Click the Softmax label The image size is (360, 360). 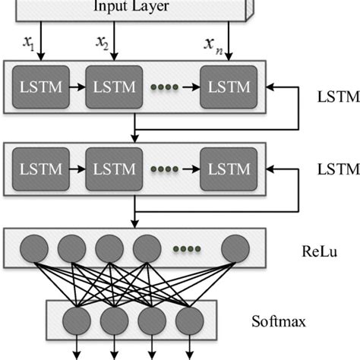point(279,321)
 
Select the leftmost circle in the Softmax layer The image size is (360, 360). point(78,319)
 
